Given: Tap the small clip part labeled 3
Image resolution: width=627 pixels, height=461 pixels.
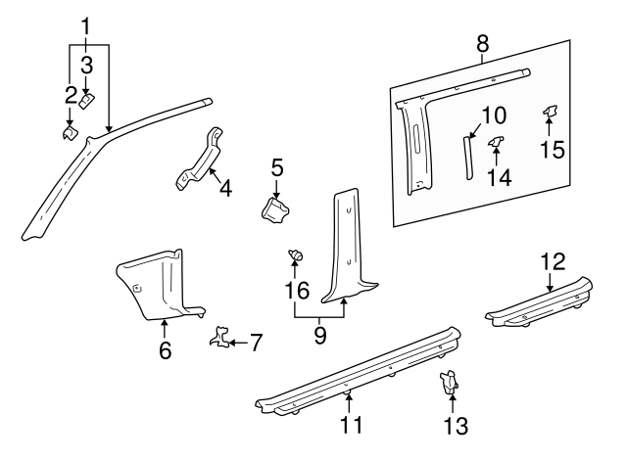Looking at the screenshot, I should (87, 99).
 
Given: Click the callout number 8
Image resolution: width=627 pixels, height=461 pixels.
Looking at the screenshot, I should (481, 43).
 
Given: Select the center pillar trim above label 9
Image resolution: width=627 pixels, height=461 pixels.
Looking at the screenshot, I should (349, 249).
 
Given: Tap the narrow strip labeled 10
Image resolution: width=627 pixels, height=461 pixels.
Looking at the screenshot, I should (467, 157).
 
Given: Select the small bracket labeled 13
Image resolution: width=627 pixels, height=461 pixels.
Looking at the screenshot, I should (450, 383).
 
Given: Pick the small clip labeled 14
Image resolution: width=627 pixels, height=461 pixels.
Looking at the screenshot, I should (497, 145).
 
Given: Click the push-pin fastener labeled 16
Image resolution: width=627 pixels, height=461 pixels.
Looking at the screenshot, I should (294, 257).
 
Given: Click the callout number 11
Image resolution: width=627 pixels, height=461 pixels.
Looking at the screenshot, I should (350, 425).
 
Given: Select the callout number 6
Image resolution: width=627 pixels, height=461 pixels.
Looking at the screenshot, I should (165, 350).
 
